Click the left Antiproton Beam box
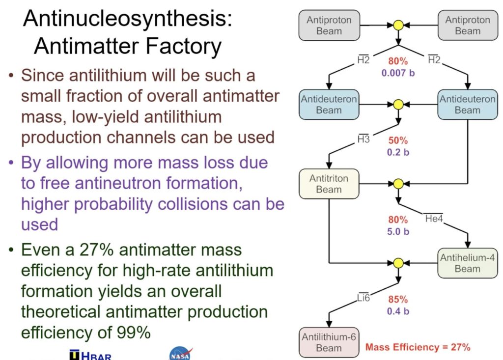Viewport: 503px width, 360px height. [329, 25]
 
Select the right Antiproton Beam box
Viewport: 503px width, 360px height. [467, 25]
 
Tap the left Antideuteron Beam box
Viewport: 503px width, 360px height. [329, 105]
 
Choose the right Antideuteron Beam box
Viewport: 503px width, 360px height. [467, 105]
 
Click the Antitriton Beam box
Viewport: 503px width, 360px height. [329, 184]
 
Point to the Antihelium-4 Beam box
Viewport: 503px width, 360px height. [467, 263]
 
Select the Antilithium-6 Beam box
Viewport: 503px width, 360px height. [329, 342]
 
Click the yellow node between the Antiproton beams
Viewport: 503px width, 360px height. [398, 25]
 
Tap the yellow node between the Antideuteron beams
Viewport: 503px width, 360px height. [398, 104]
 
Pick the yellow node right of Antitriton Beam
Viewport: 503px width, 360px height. [398, 184]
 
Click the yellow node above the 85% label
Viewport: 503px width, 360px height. [398, 263]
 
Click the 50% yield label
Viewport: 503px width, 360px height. [398, 140]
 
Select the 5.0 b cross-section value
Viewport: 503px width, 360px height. [398, 231]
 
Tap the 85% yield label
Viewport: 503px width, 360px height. [398, 299]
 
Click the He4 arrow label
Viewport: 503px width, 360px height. [434, 218]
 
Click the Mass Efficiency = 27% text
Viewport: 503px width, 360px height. [418, 347]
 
